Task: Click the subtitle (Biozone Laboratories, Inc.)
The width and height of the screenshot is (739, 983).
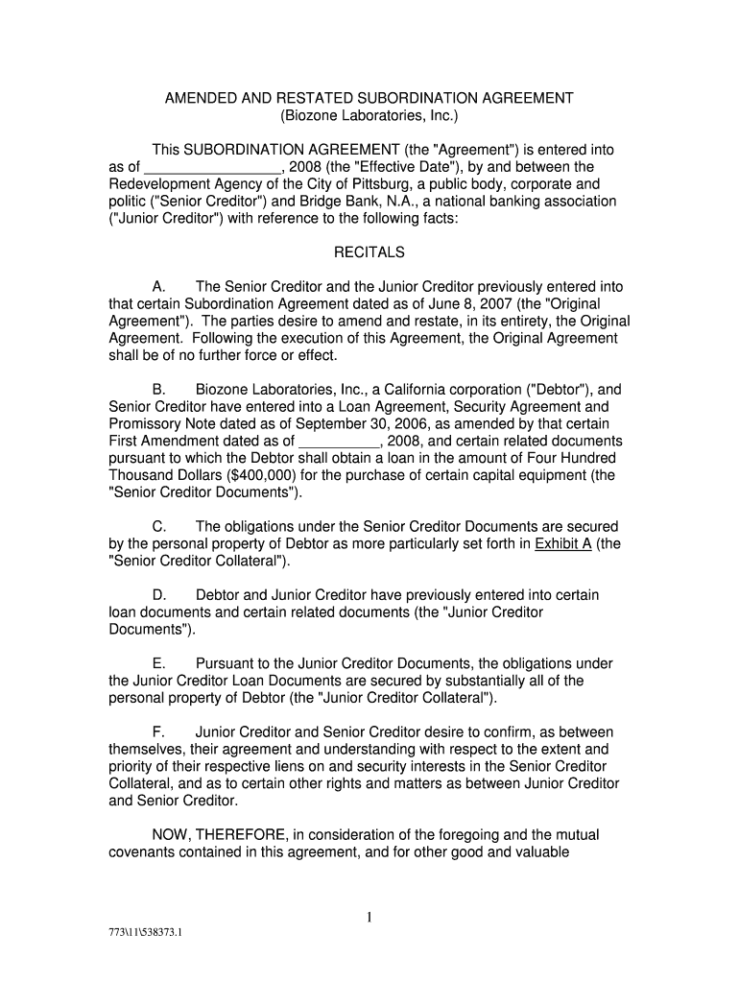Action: [369, 116]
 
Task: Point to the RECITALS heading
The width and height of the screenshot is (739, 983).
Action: [369, 253]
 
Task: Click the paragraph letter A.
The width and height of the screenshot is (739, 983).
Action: [159, 287]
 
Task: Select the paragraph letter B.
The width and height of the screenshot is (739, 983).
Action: [159, 390]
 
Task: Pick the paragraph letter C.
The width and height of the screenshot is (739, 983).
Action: [160, 527]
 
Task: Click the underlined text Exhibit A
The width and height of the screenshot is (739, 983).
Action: [563, 544]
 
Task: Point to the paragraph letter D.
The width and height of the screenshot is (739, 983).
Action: [160, 595]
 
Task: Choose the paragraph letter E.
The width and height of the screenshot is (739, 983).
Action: [159, 663]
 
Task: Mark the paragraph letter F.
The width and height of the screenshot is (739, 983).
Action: [159, 732]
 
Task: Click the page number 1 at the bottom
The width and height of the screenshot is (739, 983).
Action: [369, 919]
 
